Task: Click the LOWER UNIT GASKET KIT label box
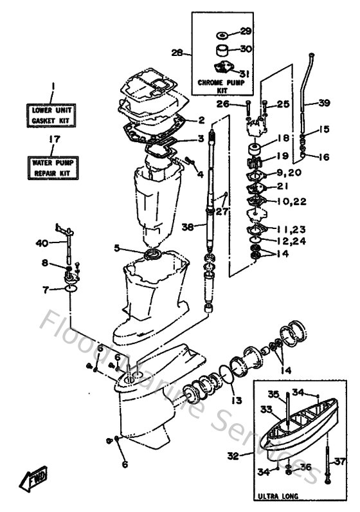[x=53, y=115]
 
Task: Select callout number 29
[x=246, y=31]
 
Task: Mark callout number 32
[x=233, y=456]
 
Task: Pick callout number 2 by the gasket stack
[x=201, y=120]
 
